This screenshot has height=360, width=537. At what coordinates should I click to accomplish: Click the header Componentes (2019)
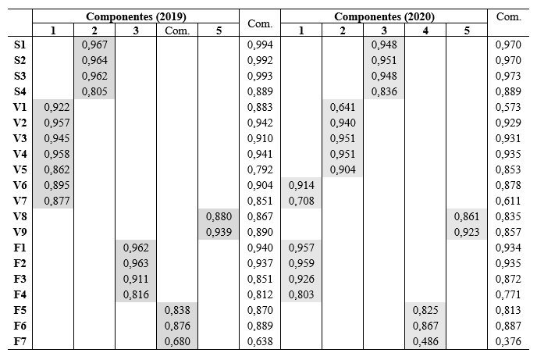point(136,16)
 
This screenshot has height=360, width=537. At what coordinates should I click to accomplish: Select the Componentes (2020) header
point(384,16)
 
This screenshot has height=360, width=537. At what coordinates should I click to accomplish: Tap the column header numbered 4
point(425,30)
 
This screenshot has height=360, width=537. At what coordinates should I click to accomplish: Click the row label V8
point(21,216)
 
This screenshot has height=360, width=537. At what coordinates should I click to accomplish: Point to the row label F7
point(21,341)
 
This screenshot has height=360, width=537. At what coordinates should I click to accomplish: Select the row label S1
point(21,45)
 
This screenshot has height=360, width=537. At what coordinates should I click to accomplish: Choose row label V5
point(21,169)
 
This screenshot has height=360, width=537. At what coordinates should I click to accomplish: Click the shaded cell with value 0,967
point(95,45)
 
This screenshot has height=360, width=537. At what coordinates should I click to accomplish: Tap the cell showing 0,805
point(95,91)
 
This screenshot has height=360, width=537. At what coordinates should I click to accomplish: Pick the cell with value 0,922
point(53,107)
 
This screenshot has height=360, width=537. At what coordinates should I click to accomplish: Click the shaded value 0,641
point(343,107)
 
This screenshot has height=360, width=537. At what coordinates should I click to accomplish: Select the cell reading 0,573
point(508,107)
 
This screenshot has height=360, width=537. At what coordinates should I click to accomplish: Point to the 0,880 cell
point(219,216)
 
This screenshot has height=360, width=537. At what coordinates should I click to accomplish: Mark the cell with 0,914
point(301,185)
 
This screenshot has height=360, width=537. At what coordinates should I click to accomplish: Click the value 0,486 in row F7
point(425,341)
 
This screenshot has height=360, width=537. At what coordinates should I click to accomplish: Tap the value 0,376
point(508,341)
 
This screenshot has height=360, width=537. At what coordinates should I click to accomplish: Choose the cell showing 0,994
point(260,45)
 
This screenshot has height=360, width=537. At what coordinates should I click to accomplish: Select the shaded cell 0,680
point(177,341)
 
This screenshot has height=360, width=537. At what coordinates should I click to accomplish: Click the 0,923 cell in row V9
point(467,232)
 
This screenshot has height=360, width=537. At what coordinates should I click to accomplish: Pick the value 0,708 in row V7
point(301,201)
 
